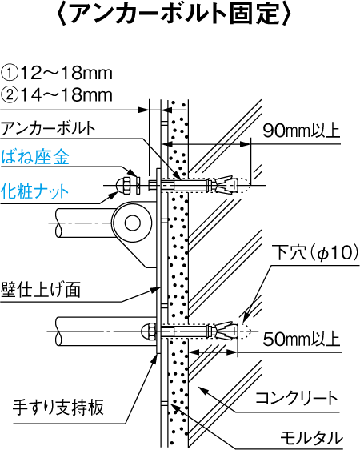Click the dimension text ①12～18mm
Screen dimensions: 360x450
57,73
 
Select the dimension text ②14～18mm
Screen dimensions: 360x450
57,94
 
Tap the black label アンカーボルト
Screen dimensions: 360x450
48,128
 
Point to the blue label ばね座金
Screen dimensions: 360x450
35,157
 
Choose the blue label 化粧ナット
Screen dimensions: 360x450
34,191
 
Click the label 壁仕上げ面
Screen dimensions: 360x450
41,290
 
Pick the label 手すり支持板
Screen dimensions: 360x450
58,407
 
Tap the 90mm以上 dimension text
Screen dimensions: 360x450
302,131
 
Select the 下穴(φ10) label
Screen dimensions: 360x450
315,252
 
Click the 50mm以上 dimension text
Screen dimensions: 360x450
302,339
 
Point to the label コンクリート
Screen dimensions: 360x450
296,398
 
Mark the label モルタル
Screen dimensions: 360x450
311,438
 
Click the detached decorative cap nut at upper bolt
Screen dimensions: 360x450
122,186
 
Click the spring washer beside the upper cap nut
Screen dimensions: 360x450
138,186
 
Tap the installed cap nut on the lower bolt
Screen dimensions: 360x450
149,331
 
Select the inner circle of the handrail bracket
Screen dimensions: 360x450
133,223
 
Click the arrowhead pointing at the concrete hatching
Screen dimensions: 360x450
202,390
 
